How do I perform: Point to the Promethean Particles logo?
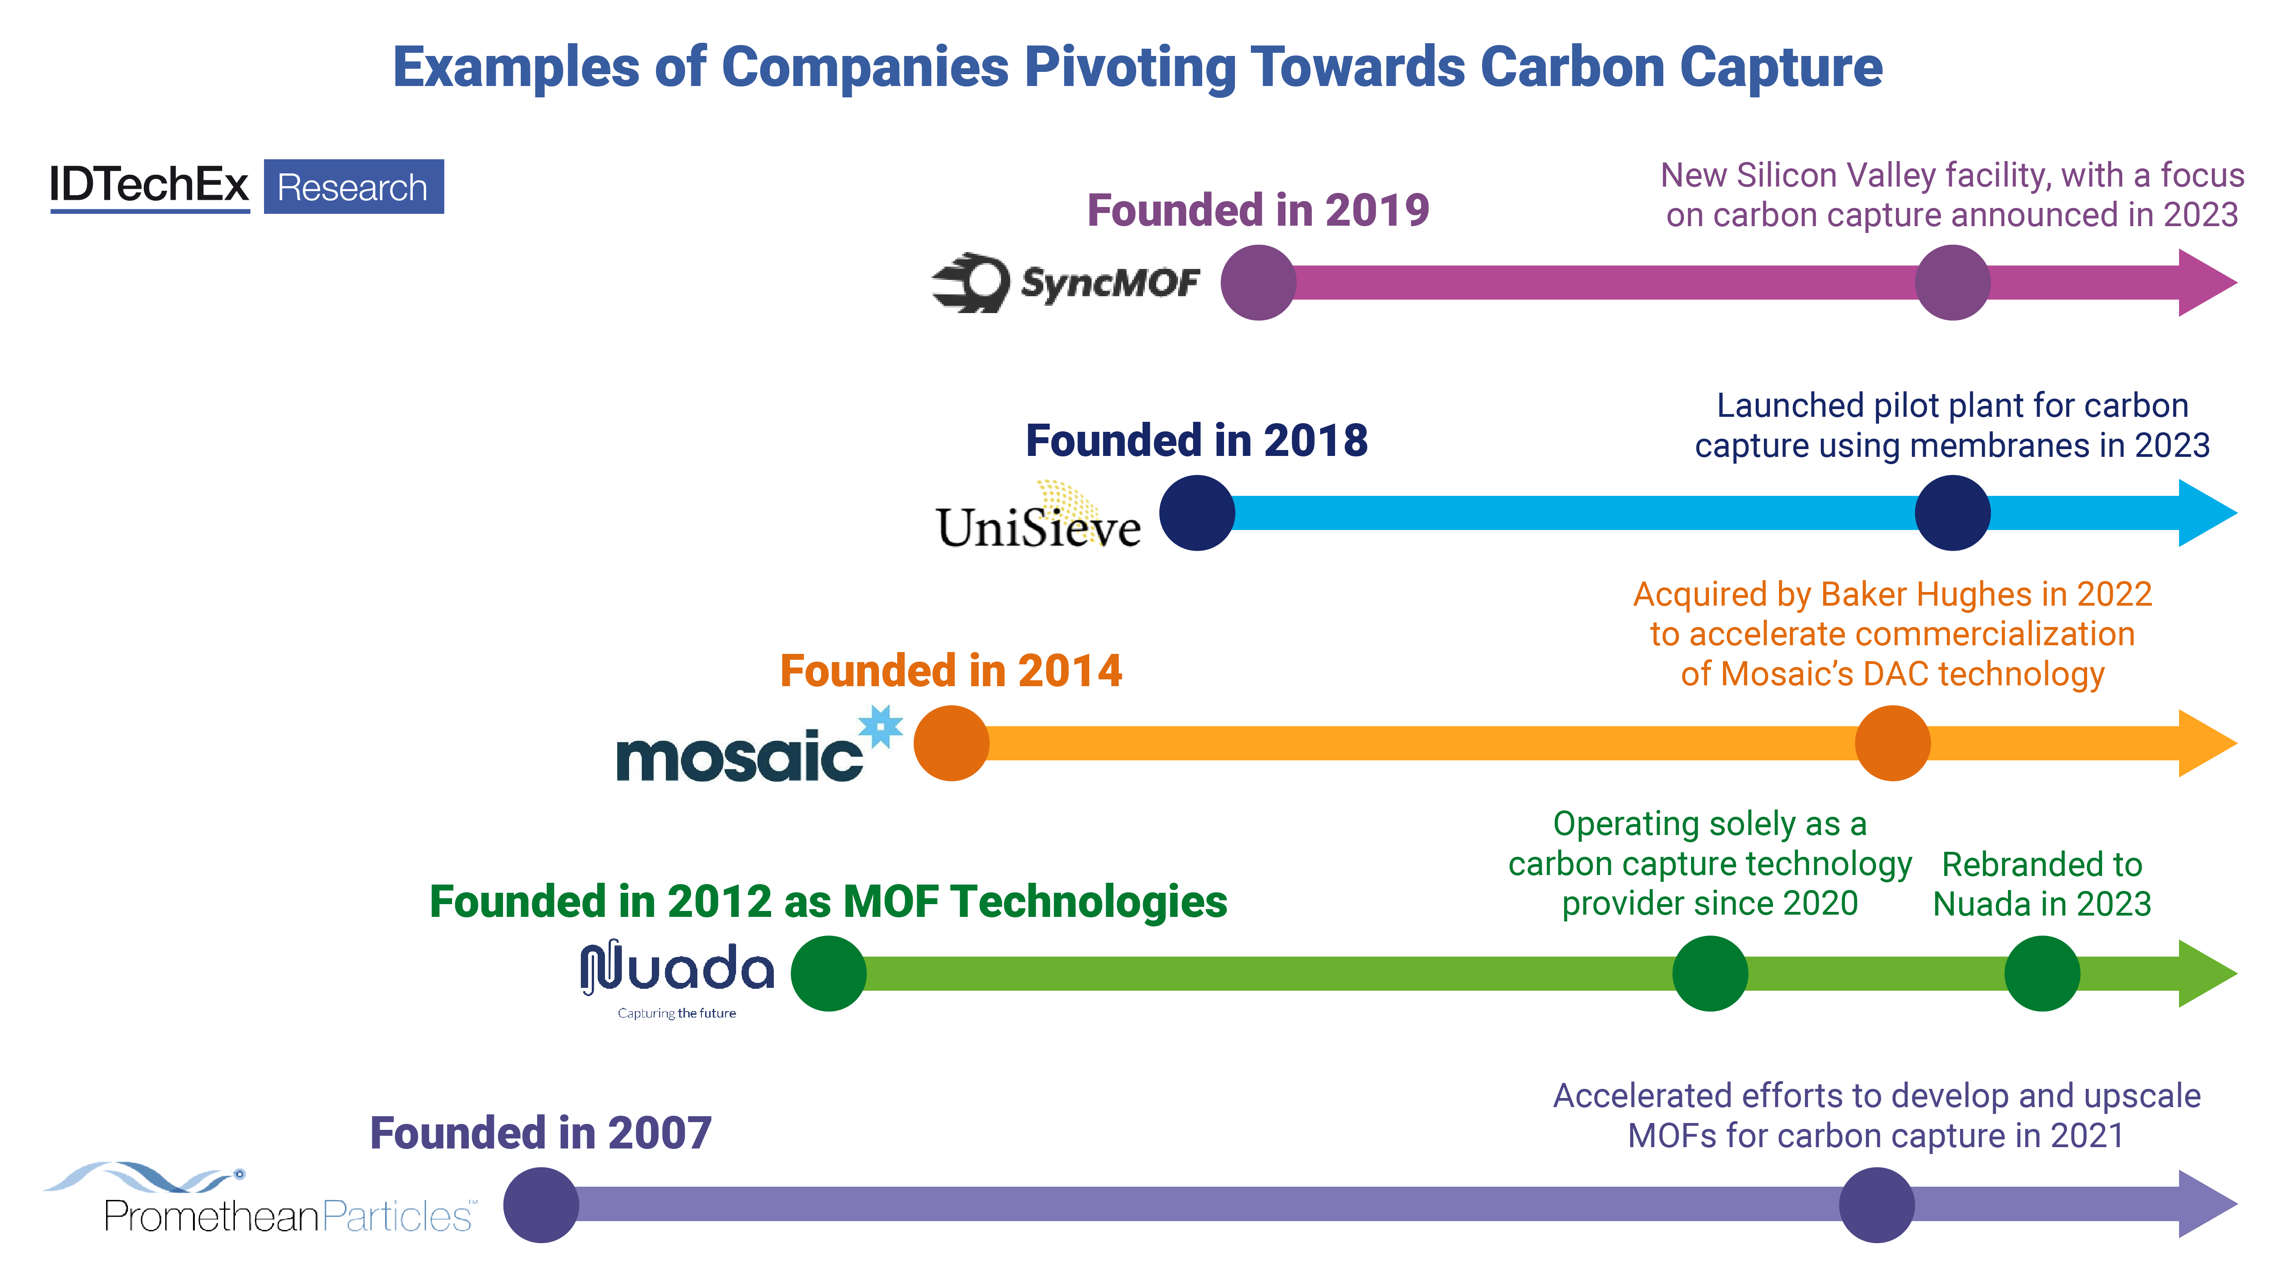261,1201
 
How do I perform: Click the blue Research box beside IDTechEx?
353,187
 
